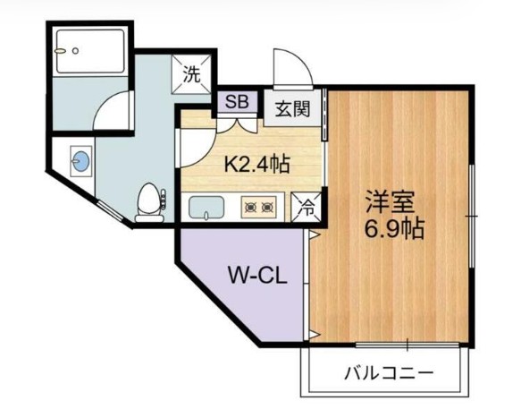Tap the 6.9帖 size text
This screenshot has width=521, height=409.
tap(394, 229)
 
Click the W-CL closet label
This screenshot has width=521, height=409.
tap(256, 277)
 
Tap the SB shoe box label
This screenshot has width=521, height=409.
tap(238, 100)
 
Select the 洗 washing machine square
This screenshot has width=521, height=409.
tap(192, 75)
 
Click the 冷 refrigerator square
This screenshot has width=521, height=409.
tap(305, 207)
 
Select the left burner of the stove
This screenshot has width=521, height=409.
tap(251, 209)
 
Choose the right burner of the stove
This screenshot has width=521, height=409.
tap(271, 209)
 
